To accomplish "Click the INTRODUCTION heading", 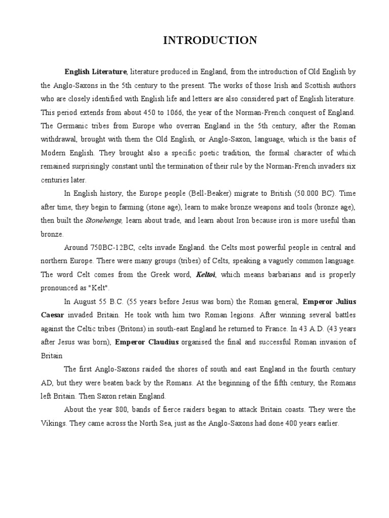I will click(210, 40).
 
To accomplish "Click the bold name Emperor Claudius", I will click(147, 342).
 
